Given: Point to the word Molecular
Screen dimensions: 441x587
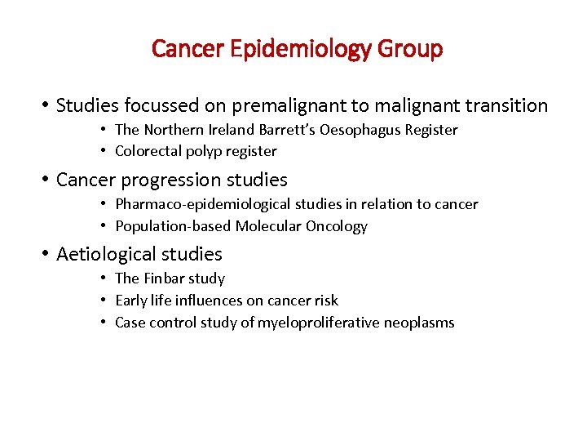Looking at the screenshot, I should (266, 226).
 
